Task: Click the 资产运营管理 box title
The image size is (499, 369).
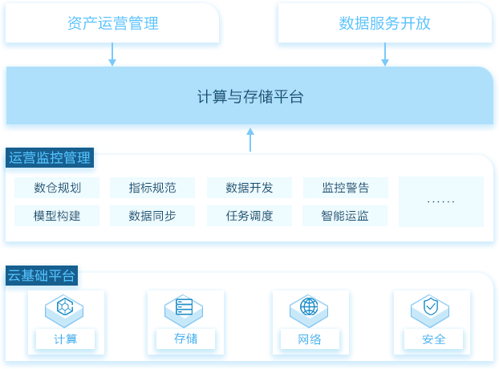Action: pos(112,23)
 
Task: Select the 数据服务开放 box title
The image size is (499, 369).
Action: pos(384,23)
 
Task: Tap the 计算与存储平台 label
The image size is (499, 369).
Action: pos(250,96)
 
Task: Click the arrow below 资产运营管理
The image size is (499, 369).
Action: pos(112,54)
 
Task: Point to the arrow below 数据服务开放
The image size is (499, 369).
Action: pos(385,54)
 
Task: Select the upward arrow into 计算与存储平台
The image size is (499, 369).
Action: pos(250,140)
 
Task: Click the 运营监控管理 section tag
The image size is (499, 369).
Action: pos(50,157)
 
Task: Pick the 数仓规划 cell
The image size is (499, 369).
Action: pos(57,188)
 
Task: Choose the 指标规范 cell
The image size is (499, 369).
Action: pos(152,188)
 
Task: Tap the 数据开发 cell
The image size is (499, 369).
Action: pos(249,188)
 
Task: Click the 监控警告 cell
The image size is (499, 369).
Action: pos(346,188)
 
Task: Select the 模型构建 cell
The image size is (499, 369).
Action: pos(57,216)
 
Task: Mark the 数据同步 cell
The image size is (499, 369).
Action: pos(152,216)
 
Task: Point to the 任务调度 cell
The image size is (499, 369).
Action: pos(249,216)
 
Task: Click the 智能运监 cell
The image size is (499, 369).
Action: pos(345,216)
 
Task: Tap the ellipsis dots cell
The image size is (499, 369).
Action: pos(441,201)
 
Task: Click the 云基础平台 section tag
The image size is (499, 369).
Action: pos(42,275)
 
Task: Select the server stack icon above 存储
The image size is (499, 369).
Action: pos(184,306)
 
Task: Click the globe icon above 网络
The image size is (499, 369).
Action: pos(309,306)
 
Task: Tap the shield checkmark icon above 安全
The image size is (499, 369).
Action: pos(431,306)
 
